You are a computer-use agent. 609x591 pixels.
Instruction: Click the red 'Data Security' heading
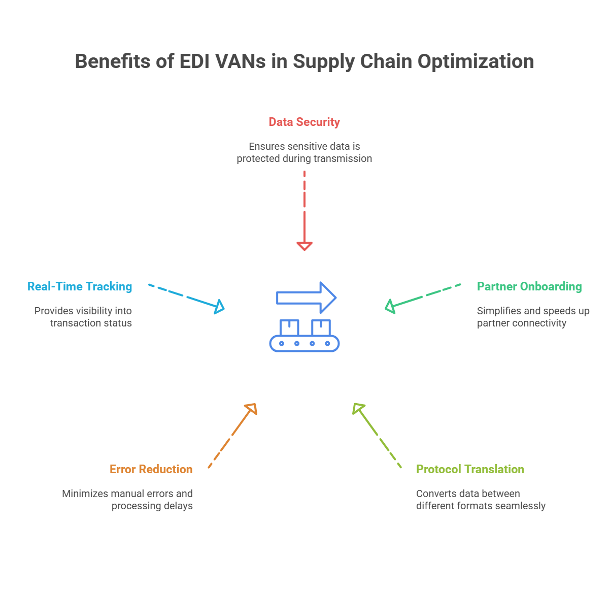(x=304, y=122)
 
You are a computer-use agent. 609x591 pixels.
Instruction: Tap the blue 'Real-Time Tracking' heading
(x=80, y=286)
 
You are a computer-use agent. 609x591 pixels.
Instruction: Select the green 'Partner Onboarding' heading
(x=529, y=286)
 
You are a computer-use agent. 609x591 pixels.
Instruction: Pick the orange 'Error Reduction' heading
(x=151, y=469)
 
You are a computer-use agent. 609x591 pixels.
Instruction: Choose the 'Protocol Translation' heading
(x=470, y=469)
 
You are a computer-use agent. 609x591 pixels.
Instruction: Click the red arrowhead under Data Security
(x=304, y=246)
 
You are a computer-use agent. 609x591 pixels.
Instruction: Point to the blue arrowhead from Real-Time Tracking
(x=220, y=306)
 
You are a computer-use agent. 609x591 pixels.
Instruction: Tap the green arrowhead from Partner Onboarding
(x=390, y=306)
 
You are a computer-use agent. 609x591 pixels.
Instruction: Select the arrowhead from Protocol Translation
(x=358, y=408)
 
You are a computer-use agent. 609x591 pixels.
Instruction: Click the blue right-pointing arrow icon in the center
(x=306, y=297)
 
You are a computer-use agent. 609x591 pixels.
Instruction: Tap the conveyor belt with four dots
(x=304, y=344)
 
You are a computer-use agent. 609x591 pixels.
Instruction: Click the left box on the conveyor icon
(x=289, y=327)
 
